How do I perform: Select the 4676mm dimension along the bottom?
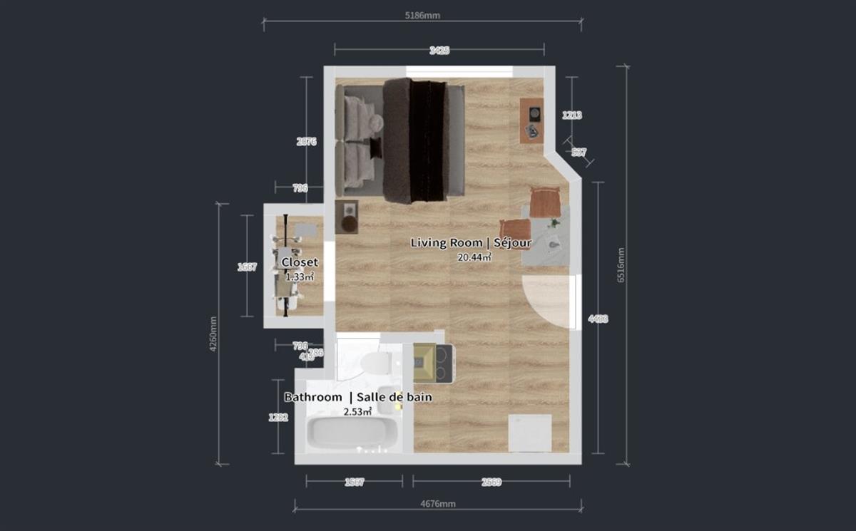pyautogui.click(x=438, y=504)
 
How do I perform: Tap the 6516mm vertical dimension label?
pyautogui.click(x=620, y=266)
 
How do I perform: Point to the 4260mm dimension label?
pyautogui.click(x=212, y=334)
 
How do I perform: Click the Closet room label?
pyautogui.click(x=300, y=262)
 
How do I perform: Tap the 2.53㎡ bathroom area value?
pyautogui.click(x=357, y=411)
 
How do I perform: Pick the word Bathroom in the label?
pyautogui.click(x=313, y=397)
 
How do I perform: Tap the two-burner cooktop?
pyautogui.click(x=444, y=363)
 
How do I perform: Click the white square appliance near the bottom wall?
pyautogui.click(x=529, y=433)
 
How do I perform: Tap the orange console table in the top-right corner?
pyautogui.click(x=531, y=120)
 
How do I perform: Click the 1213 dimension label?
pyautogui.click(x=572, y=115)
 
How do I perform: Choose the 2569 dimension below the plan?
pyautogui.click(x=491, y=482)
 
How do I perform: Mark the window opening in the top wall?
pyautogui.click(x=459, y=72)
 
